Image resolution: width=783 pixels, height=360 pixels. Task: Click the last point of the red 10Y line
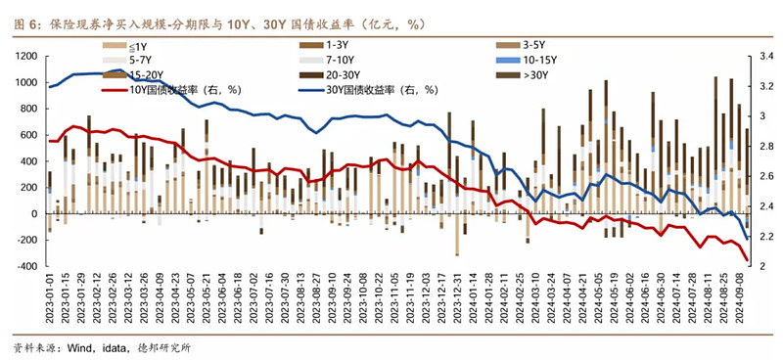pyautogui.click(x=749, y=260)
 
